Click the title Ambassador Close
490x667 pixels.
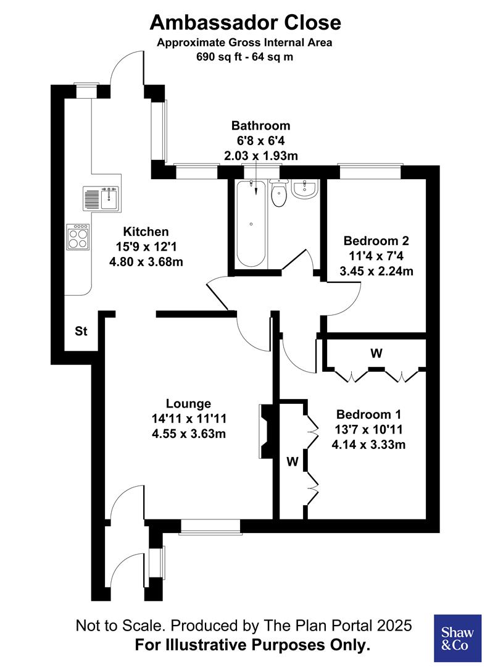pos(245,23)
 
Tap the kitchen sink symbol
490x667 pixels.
pos(101,198)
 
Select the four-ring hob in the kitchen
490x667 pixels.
pos(78,236)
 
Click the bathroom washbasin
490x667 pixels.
pos(304,189)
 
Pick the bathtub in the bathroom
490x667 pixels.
pos(251,224)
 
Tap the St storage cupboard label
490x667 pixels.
pos(81,332)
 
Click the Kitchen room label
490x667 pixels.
pos(146,232)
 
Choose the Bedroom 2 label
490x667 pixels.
pos(376,241)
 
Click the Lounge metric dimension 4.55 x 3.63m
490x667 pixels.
pos(188,434)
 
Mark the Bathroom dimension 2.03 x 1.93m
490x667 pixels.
pos(260,156)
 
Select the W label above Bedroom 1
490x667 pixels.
pos(376,354)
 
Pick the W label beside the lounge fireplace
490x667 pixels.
pos(293,461)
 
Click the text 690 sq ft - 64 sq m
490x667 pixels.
pos(245,57)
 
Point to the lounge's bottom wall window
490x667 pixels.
pos(210,526)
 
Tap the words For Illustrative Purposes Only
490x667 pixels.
pos(253,646)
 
